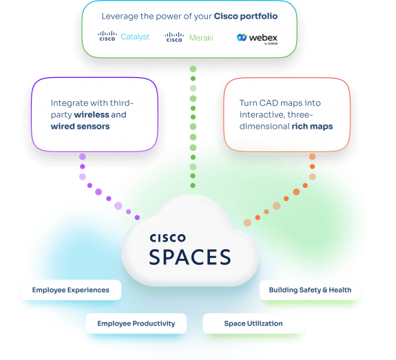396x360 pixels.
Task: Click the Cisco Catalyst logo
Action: tap(123, 36)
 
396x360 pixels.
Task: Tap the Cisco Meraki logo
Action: tap(189, 36)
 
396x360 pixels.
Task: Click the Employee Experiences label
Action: tap(70, 290)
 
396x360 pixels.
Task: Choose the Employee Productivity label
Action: tap(136, 323)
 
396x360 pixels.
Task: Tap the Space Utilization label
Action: tap(253, 323)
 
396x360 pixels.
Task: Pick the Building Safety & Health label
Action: tap(310, 290)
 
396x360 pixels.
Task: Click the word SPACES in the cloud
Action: tap(190, 257)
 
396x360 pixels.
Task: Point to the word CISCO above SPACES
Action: tap(167, 238)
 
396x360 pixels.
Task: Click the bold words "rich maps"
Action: tap(311, 126)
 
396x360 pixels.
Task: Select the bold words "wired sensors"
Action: tap(80, 126)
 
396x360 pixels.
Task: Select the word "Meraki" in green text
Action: tap(201, 37)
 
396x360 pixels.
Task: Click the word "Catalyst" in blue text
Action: tap(135, 37)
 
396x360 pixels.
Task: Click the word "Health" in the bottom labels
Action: tap(340, 290)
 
